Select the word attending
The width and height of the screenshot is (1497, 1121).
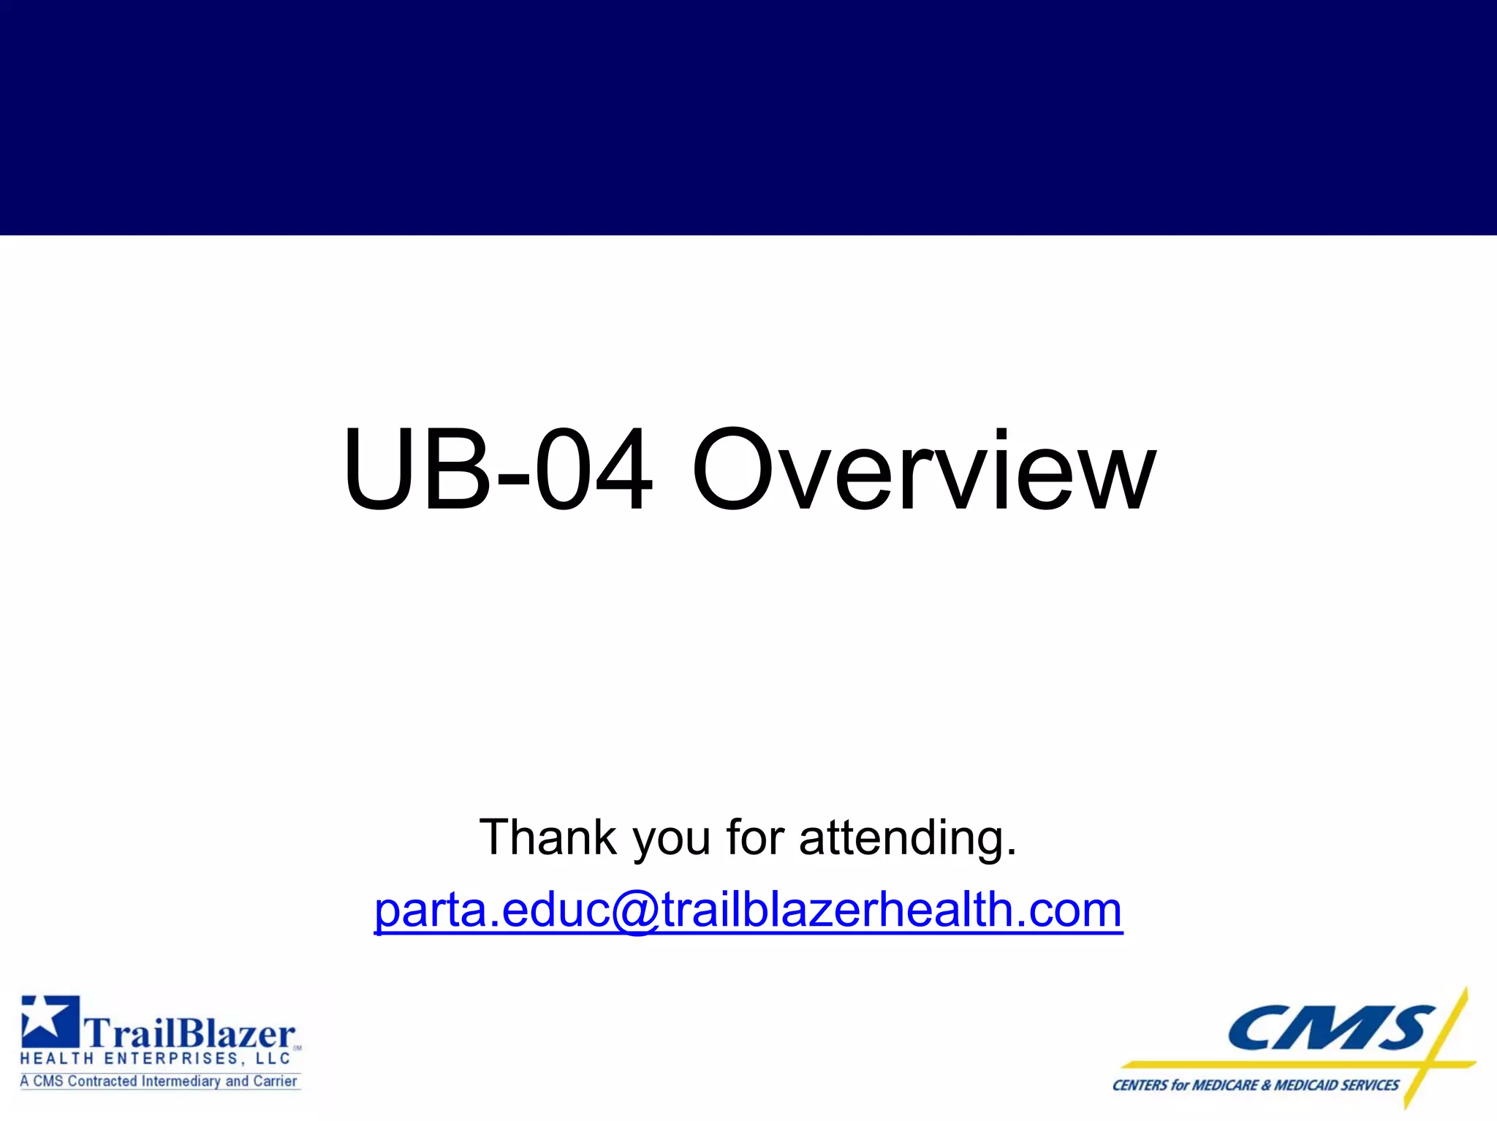tap(907, 837)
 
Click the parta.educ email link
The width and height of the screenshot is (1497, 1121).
tap(748, 911)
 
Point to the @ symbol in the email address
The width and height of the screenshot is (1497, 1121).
tap(636, 912)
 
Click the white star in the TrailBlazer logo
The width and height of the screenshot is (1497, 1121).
tap(45, 1020)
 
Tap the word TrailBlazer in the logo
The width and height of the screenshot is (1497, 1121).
tap(190, 1035)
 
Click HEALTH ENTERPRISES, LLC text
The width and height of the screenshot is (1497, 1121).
tap(156, 1059)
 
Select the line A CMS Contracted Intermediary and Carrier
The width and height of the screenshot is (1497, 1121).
tap(159, 1082)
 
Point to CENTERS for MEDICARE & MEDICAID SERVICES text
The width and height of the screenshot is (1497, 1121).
tap(1255, 1086)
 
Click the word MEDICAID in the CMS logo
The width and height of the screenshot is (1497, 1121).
tap(1308, 1086)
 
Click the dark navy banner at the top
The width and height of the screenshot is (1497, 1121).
tap(748, 117)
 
